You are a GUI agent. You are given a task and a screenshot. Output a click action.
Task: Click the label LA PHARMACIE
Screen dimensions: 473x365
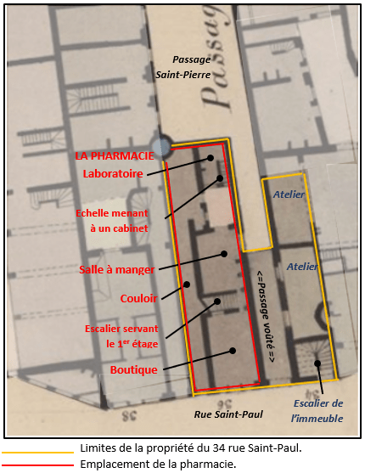tap(114, 156)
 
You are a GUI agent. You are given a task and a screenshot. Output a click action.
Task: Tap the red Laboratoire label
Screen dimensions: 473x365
tap(113, 173)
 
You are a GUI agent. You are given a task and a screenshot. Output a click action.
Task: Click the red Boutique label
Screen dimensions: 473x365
tap(134, 369)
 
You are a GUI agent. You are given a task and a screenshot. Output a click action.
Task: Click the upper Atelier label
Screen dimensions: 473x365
tap(289, 194)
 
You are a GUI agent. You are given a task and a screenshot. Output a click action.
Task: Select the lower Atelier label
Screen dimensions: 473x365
tap(302, 267)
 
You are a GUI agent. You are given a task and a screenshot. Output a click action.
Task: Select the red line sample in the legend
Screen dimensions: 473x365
tap(37, 465)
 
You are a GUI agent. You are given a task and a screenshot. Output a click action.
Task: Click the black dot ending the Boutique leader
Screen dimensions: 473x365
tap(231, 351)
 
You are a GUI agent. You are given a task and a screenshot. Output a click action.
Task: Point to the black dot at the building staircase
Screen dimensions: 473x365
tap(317, 364)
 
